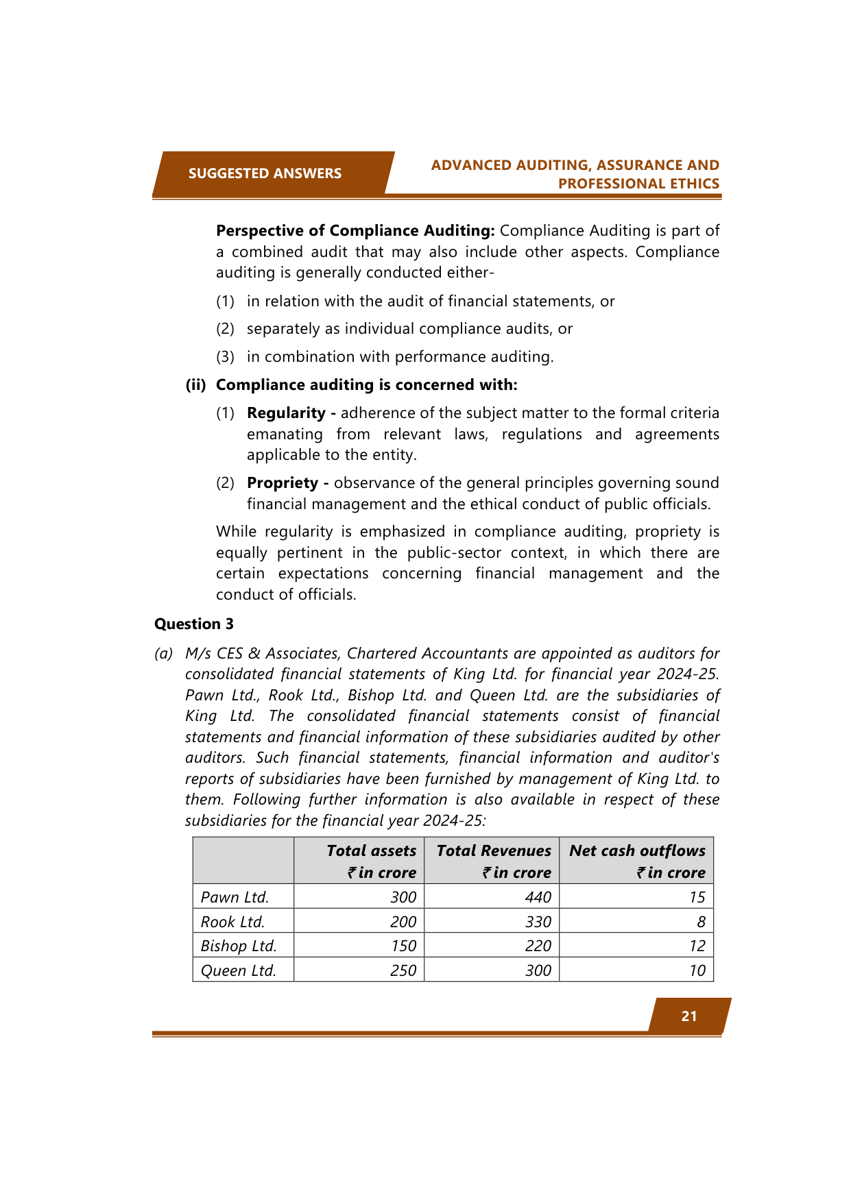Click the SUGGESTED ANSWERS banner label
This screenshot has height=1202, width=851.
pyautogui.click(x=265, y=173)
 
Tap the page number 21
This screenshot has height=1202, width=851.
pyautogui.click(x=689, y=1016)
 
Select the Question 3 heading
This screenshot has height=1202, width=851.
pyautogui.click(x=194, y=624)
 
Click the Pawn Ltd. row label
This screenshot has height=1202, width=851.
pyautogui.click(x=235, y=897)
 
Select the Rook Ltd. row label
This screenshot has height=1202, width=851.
pyautogui.click(x=232, y=922)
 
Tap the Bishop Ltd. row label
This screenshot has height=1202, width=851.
pyautogui.click(x=239, y=946)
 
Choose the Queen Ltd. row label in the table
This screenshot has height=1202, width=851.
pyautogui.click(x=239, y=970)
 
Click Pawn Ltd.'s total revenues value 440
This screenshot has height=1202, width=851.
pyautogui.click(x=538, y=897)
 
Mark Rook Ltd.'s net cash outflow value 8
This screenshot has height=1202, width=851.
pyautogui.click(x=701, y=922)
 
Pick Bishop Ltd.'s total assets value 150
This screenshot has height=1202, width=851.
pyautogui.click(x=403, y=946)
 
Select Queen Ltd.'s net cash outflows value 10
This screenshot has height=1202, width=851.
pyautogui.click(x=697, y=970)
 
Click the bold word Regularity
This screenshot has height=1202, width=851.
pyautogui.click(x=286, y=413)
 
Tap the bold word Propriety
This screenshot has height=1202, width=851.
pyautogui.click(x=283, y=483)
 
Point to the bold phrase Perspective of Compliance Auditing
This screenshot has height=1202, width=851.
pyautogui.click(x=355, y=231)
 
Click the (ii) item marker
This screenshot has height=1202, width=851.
pyautogui.click(x=196, y=385)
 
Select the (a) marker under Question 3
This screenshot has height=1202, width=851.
pyautogui.click(x=163, y=654)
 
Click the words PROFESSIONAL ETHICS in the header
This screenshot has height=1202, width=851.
pyautogui.click(x=638, y=184)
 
